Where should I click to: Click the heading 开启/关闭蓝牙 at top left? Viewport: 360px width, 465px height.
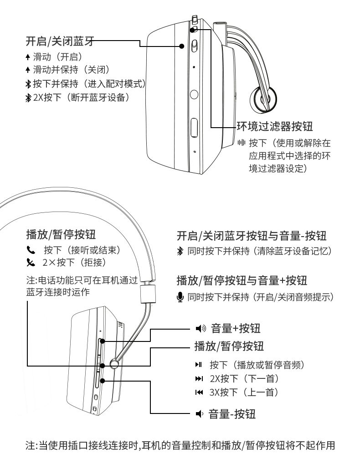coord(60,41)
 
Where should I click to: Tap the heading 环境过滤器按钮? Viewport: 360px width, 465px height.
coord(275,126)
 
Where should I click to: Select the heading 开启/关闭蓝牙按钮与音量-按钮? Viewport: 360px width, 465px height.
coord(252,236)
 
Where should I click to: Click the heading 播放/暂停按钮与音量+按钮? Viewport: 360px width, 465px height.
coord(242,280)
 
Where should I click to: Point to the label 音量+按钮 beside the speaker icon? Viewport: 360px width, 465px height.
coord(236,328)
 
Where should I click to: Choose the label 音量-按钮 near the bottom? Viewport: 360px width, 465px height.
coord(232,413)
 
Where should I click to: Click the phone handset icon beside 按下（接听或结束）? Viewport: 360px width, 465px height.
coord(31,250)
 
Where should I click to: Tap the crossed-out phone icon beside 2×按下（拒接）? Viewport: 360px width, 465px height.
coord(31,263)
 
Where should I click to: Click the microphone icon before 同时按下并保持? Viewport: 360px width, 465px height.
coord(180,297)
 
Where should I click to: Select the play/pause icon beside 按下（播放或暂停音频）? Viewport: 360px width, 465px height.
coord(198,364)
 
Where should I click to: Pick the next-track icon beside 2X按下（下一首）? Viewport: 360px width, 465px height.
coord(199,379)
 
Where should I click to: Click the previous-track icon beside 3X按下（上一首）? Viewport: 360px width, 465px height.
coord(199,393)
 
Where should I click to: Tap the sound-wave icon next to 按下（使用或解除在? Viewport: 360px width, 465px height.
coord(242,143)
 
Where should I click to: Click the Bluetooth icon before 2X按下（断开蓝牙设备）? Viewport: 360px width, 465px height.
coord(28,98)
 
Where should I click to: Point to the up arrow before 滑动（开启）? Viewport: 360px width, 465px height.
coord(28,57)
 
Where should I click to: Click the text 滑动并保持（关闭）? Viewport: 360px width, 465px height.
coord(71,70)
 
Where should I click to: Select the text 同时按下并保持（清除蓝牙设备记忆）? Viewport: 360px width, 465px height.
coord(259,251)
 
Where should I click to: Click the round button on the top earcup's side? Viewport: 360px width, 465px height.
coord(194,94)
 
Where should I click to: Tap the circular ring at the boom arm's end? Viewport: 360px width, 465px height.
coord(263,99)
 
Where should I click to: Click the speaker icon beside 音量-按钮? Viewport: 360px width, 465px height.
coord(200,413)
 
